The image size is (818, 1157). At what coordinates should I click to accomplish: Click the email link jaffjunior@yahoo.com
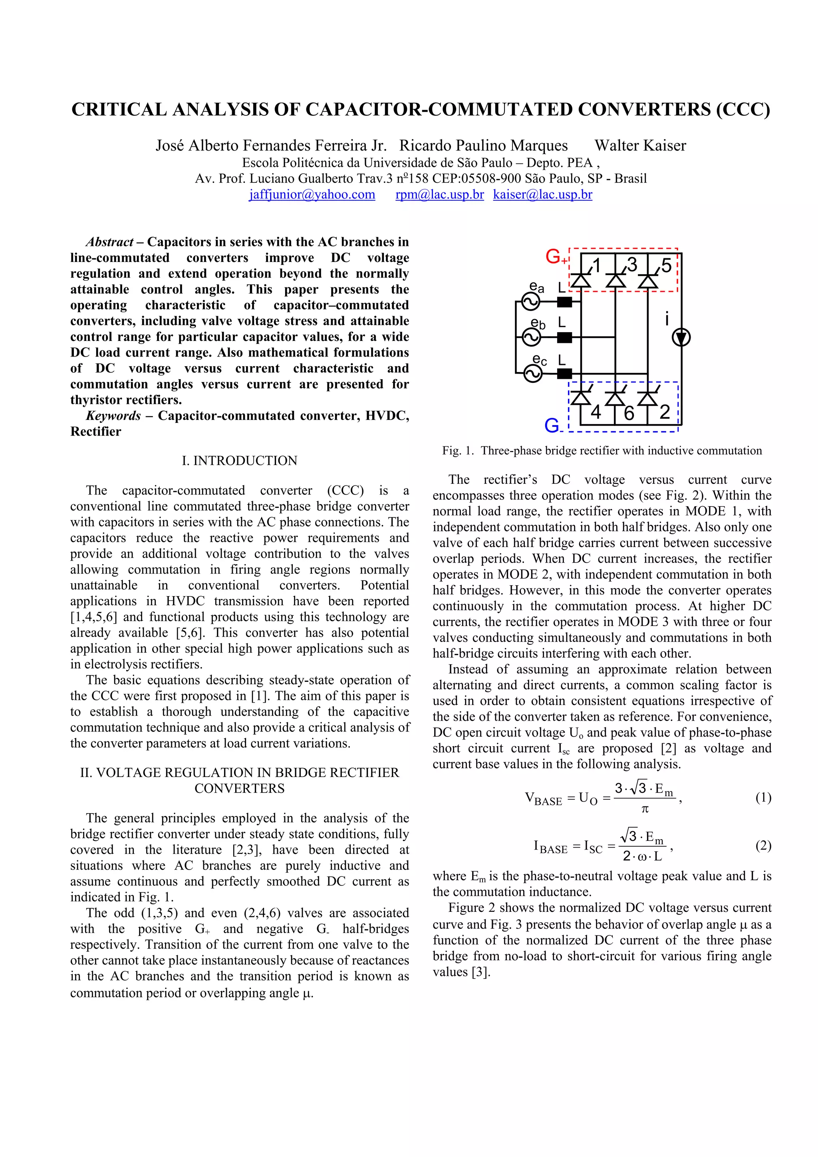pos(312,195)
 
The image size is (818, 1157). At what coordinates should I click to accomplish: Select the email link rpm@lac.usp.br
pos(439,195)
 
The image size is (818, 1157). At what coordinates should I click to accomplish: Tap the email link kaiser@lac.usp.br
pos(542,195)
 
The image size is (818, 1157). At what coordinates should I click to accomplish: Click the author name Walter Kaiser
pos(640,146)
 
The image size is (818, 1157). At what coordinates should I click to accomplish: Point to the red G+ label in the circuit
pos(556,258)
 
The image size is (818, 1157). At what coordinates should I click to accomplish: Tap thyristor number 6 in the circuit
pos(615,398)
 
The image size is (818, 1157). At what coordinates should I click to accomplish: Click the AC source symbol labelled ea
pos(531,302)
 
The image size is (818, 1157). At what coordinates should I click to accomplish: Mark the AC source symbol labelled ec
pos(531,373)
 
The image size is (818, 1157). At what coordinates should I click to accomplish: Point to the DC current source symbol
pos(681,338)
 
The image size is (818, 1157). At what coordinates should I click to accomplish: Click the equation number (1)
pos(763,798)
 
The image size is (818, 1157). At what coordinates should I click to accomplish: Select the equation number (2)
pos(763,845)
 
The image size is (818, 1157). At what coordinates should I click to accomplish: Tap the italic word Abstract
pos(110,242)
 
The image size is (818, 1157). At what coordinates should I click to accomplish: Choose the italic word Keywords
pos(113,416)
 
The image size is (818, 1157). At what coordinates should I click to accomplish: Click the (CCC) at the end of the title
pos(743,110)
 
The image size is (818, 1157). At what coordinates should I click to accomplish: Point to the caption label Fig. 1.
pos(458,450)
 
